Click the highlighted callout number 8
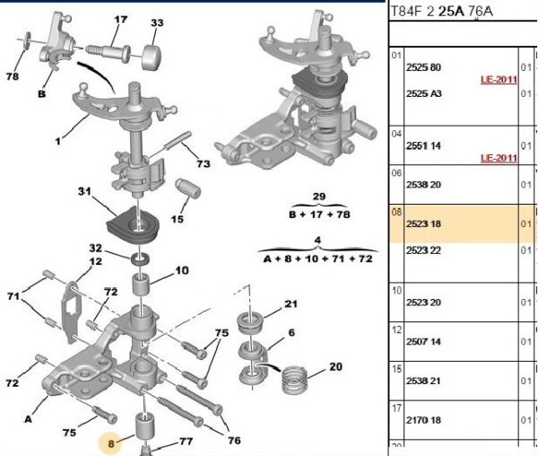pyautogui.click(x=110, y=443)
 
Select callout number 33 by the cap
pyautogui.click(x=157, y=22)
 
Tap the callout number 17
pyautogui.click(x=120, y=19)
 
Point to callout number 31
pyautogui.click(x=85, y=191)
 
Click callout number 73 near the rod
pyautogui.click(x=203, y=163)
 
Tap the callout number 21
pyautogui.click(x=290, y=305)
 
